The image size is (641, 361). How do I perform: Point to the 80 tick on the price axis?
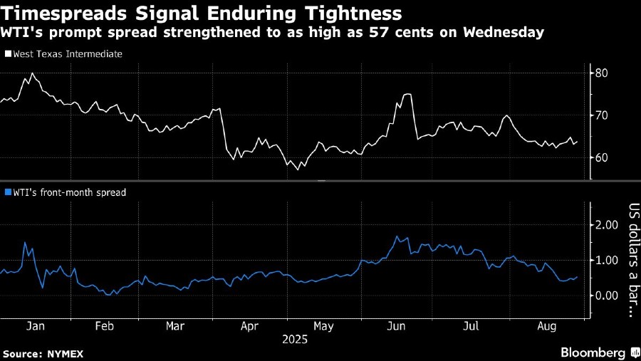(x=601, y=73)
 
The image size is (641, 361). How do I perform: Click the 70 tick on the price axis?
(x=601, y=115)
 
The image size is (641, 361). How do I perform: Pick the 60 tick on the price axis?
(x=601, y=157)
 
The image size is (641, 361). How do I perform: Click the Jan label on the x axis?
(x=36, y=326)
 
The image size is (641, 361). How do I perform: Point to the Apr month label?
(x=249, y=326)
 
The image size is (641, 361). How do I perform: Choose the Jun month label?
(x=397, y=326)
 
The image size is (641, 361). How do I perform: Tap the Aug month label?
(x=546, y=326)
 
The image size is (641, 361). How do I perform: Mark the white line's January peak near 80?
(x=33, y=73)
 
